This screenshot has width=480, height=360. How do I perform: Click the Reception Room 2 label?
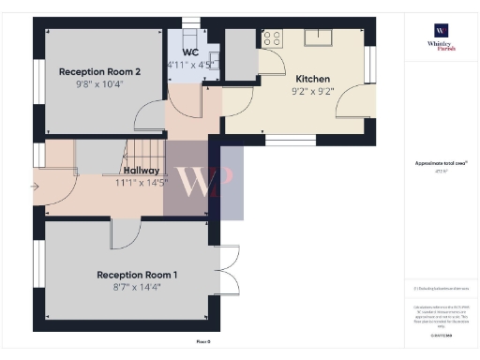[99, 71]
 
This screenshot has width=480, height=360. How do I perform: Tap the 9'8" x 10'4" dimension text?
[99, 83]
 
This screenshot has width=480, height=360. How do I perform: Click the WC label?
[191, 52]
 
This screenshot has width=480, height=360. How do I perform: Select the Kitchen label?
[312, 79]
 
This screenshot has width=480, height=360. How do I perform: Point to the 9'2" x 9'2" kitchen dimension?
[312, 92]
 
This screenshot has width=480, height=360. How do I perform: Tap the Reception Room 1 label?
[136, 275]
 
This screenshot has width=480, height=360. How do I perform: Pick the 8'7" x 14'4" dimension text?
[136, 288]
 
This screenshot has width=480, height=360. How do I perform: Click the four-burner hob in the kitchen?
[273, 38]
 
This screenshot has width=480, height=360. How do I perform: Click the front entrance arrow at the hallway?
[37, 187]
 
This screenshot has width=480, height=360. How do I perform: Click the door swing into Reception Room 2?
[148, 116]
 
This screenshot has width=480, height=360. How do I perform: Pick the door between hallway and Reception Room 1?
[125, 233]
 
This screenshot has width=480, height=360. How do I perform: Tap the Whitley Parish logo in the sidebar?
[441, 38]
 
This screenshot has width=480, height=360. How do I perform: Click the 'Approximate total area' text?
[441, 163]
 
